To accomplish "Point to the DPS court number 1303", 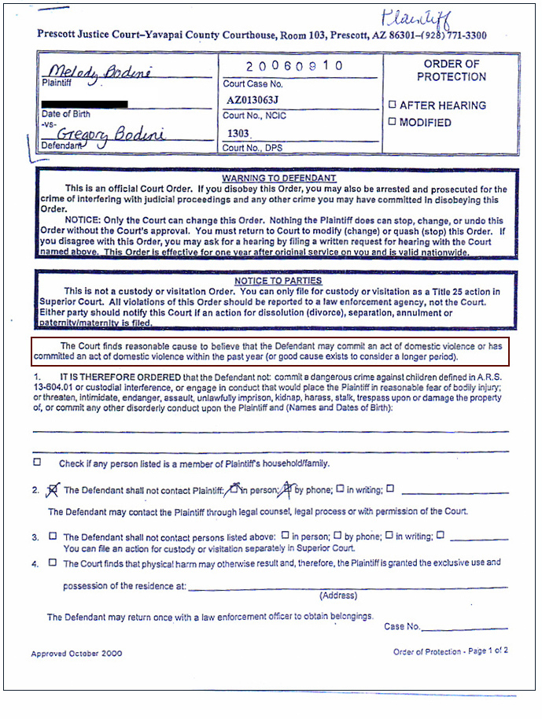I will click(239, 134).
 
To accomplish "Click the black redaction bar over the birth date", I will click(85, 103).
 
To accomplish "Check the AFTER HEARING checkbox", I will click(392, 105).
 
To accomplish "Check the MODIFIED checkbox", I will click(392, 123).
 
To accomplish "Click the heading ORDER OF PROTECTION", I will click(451, 70).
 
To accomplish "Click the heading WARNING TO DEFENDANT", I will click(278, 179).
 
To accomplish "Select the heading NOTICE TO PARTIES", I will click(278, 281).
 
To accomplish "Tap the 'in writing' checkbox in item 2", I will click(340, 489).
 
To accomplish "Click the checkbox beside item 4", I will click(53, 562).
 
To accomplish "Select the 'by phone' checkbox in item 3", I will click(337, 536).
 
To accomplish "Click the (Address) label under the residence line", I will click(338, 595).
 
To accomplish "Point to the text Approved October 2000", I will click(76, 653).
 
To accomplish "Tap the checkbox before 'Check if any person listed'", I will click(37, 463).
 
